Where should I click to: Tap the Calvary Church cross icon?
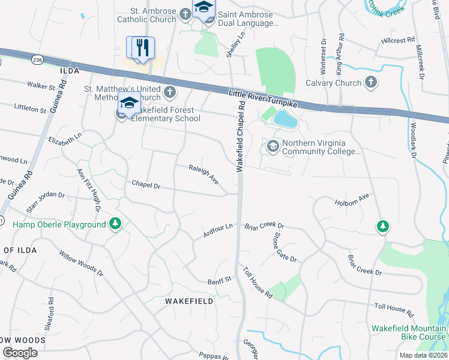[x=371, y=83]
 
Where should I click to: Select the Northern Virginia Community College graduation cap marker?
[x=273, y=146]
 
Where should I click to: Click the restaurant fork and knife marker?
[x=142, y=47]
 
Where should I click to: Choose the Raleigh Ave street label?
[x=203, y=175]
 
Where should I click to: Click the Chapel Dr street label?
[x=146, y=185]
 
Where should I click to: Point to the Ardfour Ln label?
[x=217, y=230]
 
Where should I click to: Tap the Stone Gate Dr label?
[x=285, y=247]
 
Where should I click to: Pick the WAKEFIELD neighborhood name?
[x=189, y=301]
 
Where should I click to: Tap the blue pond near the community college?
[x=285, y=120]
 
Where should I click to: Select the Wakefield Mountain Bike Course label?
[x=409, y=332]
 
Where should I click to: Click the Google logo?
[x=20, y=353]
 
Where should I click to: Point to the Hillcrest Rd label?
[x=397, y=41]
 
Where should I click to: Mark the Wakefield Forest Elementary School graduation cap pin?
[x=128, y=103]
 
